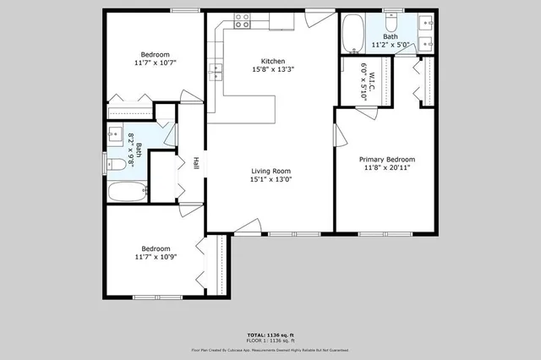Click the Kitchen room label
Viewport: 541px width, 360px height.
(272, 61)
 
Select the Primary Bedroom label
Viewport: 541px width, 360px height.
(387, 159)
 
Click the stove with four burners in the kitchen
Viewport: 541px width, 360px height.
(242, 20)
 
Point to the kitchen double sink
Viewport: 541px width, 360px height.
(216, 72)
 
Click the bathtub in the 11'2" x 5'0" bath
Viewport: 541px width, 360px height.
(352, 34)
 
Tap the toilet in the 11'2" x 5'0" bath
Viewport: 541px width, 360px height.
(391, 20)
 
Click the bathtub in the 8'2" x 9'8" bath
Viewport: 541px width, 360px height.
(128, 191)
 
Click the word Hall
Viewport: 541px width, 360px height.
(195, 164)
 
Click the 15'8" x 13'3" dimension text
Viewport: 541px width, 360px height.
(272, 70)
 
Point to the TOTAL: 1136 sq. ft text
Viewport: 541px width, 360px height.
(270, 335)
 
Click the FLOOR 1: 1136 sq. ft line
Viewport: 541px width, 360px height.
(270, 341)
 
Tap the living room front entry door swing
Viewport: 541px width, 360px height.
(247, 225)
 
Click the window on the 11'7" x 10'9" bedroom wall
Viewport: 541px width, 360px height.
(155, 297)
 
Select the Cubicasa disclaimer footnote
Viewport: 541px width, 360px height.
(270, 349)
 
